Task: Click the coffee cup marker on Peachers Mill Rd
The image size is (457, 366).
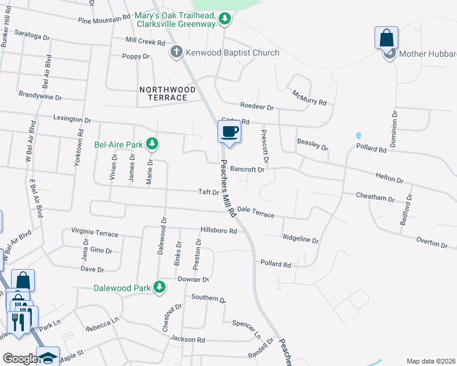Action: click(x=229, y=132)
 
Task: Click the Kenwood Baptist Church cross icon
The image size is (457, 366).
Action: click(x=177, y=52)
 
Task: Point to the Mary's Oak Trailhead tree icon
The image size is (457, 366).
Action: click(x=225, y=19)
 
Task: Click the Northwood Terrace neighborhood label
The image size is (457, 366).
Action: click(x=167, y=93)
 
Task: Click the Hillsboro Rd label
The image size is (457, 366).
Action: click(x=218, y=231)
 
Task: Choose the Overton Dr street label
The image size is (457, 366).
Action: click(x=432, y=243)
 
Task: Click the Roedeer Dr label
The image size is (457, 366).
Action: click(x=257, y=106)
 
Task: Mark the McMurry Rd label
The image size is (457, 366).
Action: click(x=309, y=97)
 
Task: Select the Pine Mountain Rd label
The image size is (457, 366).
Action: click(x=104, y=20)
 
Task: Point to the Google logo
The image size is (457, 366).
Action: click(x=20, y=359)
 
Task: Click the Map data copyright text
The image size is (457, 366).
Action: click(x=430, y=361)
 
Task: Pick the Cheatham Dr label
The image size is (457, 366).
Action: click(x=375, y=197)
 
